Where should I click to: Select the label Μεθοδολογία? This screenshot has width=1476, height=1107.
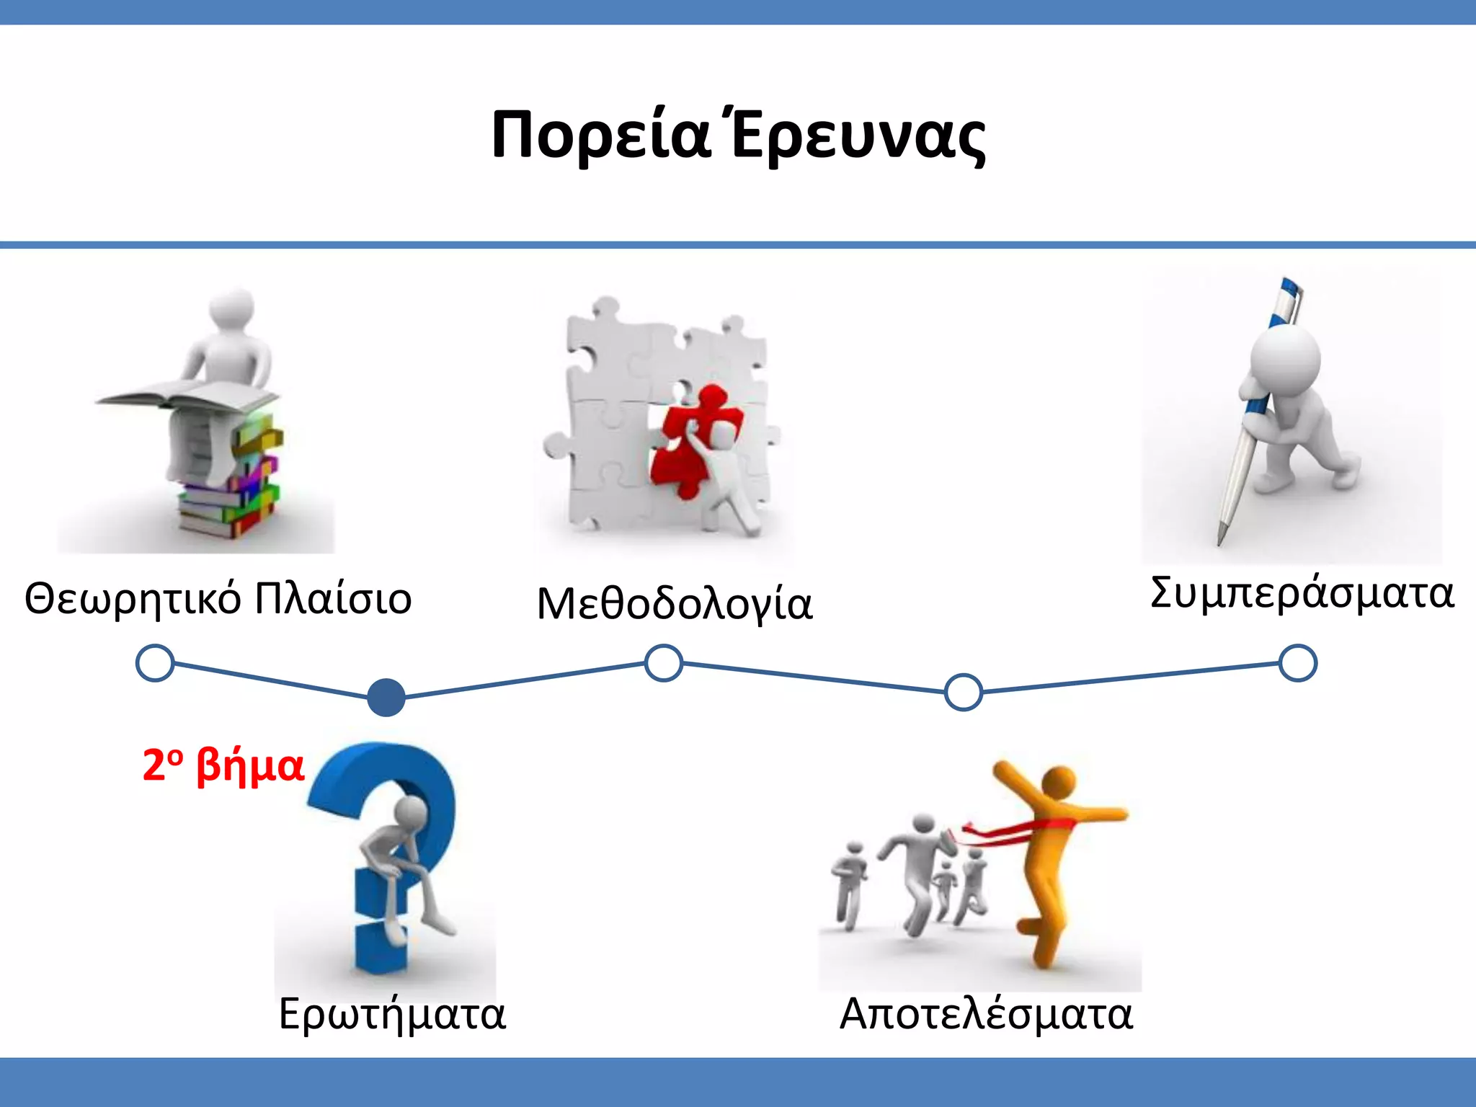[x=675, y=604]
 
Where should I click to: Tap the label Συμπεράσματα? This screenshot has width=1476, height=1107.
[x=1302, y=593]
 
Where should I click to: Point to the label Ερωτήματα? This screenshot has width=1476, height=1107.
[x=392, y=1015]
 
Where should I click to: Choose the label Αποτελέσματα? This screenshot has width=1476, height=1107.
[x=986, y=1015]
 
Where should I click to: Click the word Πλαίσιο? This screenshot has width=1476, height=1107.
[x=333, y=598]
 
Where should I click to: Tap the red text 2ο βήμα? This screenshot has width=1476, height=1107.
[x=223, y=765]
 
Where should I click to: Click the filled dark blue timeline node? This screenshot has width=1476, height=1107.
[x=386, y=698]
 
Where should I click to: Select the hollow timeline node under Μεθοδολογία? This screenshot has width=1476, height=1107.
[x=663, y=663]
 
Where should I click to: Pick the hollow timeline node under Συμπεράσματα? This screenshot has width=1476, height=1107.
[x=1298, y=663]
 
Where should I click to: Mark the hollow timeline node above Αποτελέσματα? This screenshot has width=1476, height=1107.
[x=964, y=692]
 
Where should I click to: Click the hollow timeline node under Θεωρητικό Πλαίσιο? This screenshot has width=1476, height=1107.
[x=155, y=663]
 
